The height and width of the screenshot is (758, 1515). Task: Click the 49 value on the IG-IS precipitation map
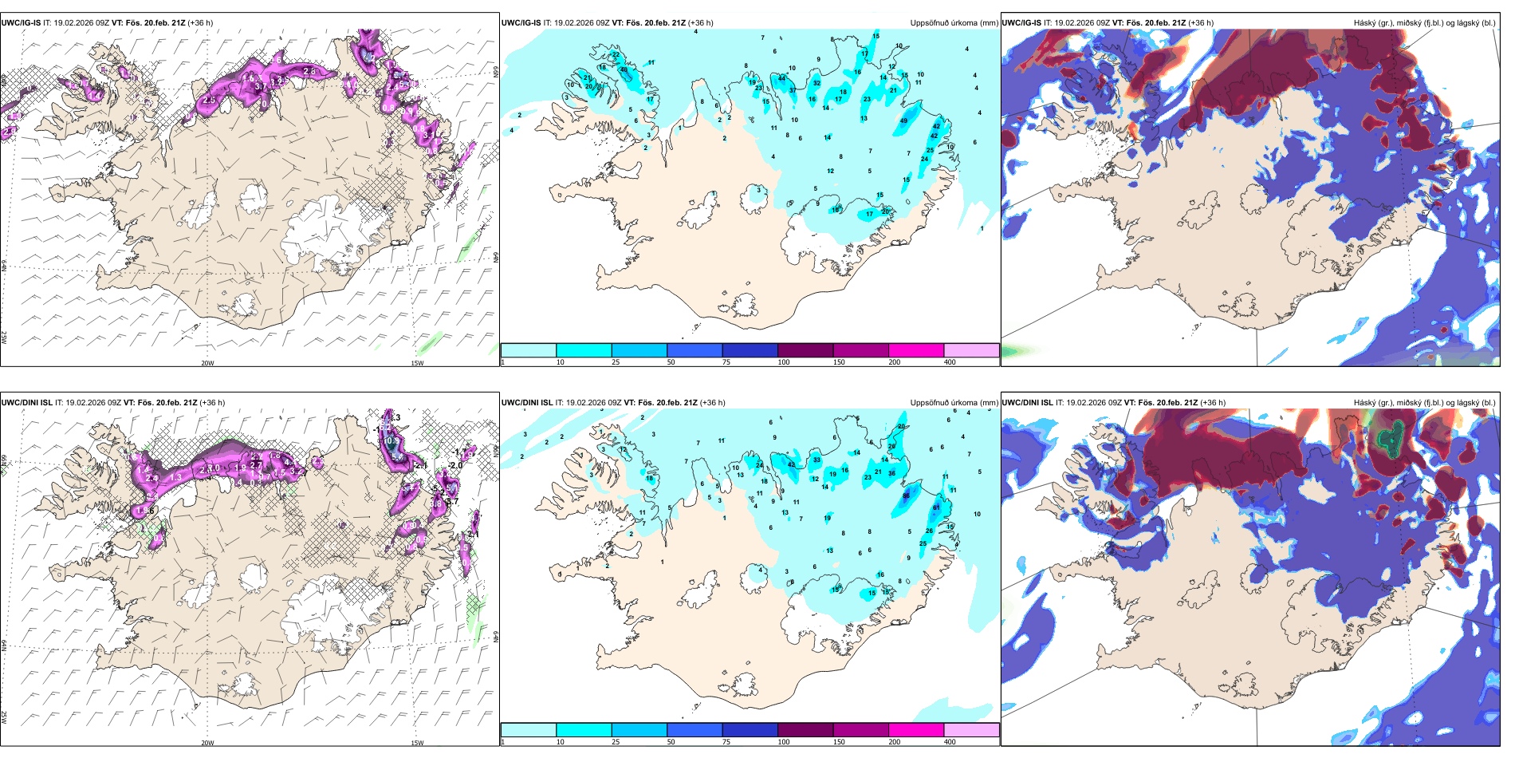(903, 121)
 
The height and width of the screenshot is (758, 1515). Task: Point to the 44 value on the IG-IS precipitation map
(781, 78)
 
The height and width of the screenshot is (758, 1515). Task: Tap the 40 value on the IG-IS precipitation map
(624, 70)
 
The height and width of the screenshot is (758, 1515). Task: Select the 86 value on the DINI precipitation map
(906, 495)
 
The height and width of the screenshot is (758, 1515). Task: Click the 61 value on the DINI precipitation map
(936, 507)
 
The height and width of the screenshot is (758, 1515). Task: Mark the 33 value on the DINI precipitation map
(817, 460)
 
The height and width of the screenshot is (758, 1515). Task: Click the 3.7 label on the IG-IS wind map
(260, 86)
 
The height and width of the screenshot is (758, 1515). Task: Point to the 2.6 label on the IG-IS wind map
(310, 72)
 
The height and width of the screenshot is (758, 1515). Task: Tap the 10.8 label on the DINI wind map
(392, 440)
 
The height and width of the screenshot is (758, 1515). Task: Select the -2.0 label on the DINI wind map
(455, 465)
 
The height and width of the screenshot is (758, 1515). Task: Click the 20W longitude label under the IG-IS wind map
(207, 363)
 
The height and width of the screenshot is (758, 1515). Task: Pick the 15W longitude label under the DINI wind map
(417, 743)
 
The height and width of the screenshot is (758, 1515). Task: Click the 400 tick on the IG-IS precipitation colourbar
(950, 362)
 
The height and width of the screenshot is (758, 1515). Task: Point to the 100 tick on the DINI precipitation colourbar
(784, 742)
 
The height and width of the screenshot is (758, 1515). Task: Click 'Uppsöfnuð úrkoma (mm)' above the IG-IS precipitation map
(954, 23)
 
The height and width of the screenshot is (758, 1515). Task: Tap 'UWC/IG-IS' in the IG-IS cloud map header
(1021, 23)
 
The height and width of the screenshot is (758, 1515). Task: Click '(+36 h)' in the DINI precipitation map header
(712, 403)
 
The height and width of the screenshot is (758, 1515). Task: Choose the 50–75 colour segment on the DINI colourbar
(694, 730)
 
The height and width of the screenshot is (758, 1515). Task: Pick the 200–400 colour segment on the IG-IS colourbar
(915, 350)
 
